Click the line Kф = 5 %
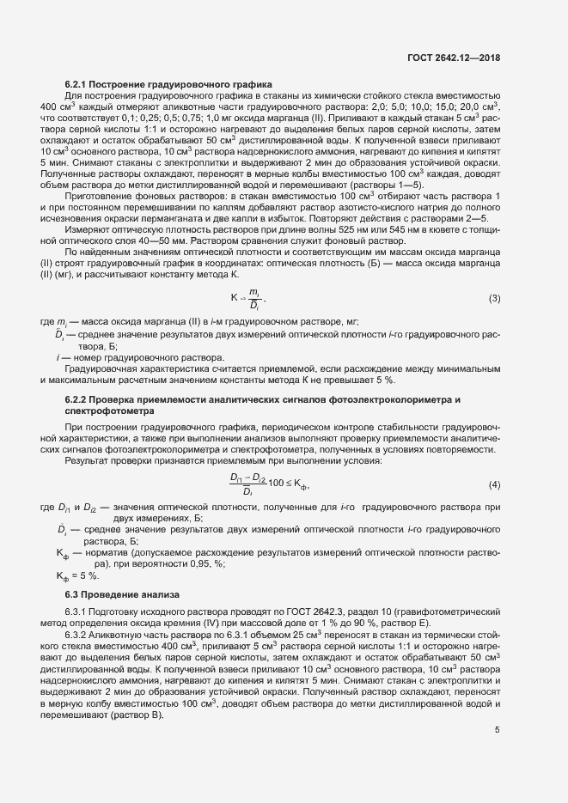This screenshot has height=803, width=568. coord(76,575)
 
